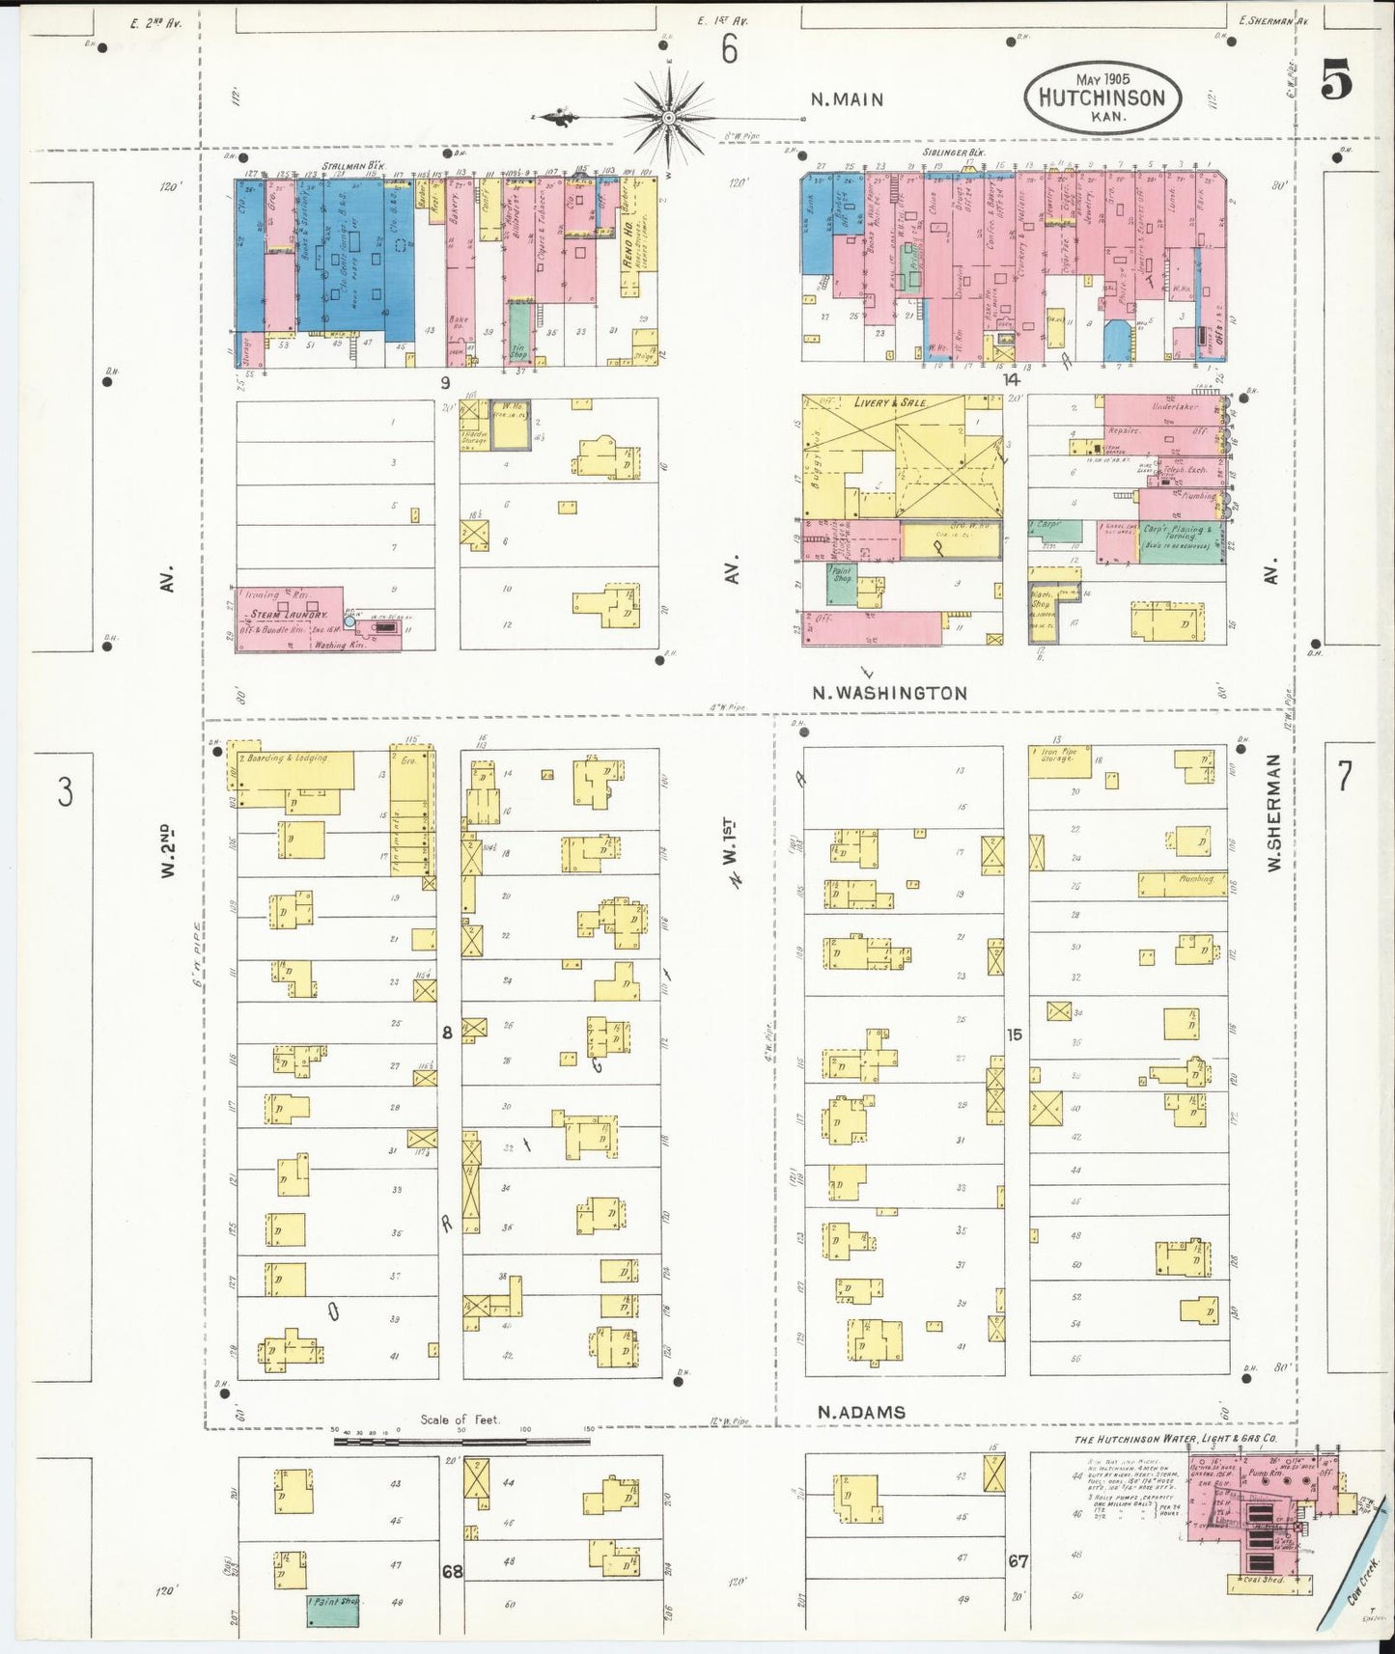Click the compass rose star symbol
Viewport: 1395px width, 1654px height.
pyautogui.click(x=667, y=118)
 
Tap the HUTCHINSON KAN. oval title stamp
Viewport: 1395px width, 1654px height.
pyautogui.click(x=1102, y=96)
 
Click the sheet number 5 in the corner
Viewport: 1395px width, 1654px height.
pyautogui.click(x=1336, y=79)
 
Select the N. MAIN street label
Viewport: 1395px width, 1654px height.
pyautogui.click(x=847, y=98)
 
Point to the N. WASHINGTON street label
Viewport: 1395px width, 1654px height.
pyautogui.click(x=888, y=693)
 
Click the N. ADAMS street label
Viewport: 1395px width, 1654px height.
pyautogui.click(x=861, y=1412)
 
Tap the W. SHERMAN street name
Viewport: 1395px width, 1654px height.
pyautogui.click(x=1273, y=813)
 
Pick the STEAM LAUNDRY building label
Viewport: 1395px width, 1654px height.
pyautogui.click(x=289, y=615)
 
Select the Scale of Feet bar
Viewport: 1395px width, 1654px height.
pyautogui.click(x=461, y=1441)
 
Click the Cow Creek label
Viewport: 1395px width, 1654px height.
pyautogui.click(x=1362, y=1584)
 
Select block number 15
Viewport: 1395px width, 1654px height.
pyautogui.click(x=1013, y=1034)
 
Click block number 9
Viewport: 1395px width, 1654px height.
pyautogui.click(x=445, y=383)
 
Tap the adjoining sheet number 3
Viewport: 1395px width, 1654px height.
pyautogui.click(x=64, y=791)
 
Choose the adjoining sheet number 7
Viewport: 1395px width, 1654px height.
pyautogui.click(x=1344, y=776)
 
